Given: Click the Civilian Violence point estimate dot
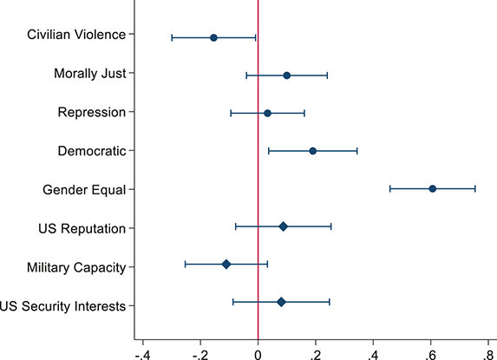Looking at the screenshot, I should [x=213, y=37].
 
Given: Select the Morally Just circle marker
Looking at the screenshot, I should [x=287, y=75].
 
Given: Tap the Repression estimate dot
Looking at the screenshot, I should [x=267, y=113].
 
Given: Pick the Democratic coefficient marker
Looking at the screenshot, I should [x=312, y=151].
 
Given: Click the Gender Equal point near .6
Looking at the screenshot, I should [x=432, y=188].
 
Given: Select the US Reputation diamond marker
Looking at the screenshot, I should [x=283, y=226].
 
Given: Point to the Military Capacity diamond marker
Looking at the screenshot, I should [x=226, y=264].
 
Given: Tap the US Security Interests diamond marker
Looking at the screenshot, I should [x=281, y=302].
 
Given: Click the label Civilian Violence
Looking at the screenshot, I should [x=76, y=35].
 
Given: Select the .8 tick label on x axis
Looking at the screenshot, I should [x=487, y=353].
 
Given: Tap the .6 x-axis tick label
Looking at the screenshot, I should [x=430, y=353].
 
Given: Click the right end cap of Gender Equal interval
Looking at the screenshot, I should [x=475, y=188].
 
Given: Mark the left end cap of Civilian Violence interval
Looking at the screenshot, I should [x=172, y=37].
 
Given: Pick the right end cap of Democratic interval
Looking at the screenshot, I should [x=357, y=151].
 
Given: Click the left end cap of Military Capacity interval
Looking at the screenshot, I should [x=185, y=264].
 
